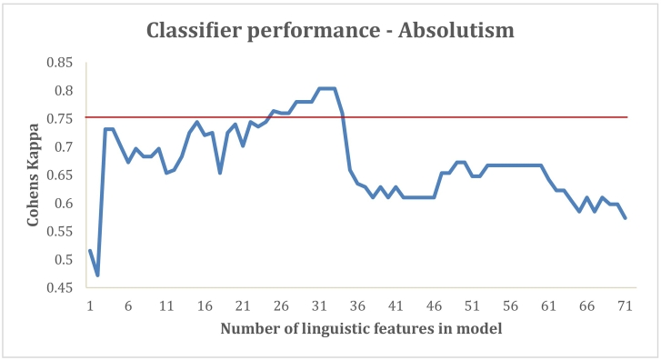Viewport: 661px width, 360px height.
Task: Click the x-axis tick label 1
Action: (x=90, y=306)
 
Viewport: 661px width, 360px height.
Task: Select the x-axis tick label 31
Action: (x=319, y=306)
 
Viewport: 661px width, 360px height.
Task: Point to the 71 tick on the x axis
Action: (x=625, y=306)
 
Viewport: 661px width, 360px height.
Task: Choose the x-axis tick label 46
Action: (x=434, y=306)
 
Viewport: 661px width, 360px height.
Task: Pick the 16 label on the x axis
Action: (x=205, y=306)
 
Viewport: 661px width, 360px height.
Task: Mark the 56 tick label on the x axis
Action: (x=510, y=306)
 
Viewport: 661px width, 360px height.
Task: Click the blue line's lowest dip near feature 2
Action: (x=97, y=275)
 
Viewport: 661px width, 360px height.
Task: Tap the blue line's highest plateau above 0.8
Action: (x=326, y=88)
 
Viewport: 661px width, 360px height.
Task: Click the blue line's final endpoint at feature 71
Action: (x=626, y=218)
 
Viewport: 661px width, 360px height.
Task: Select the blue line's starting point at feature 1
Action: (x=90, y=250)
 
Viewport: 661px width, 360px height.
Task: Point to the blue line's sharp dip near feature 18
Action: (x=220, y=173)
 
